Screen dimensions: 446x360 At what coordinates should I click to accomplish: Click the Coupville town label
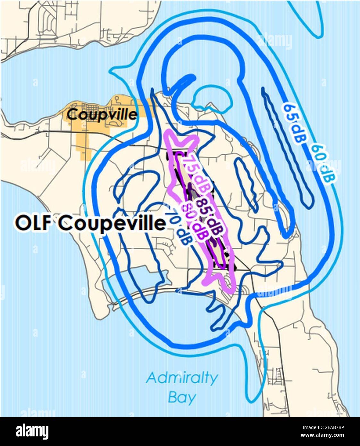coord(102,114)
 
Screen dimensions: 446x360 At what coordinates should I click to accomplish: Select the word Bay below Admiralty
coord(182,398)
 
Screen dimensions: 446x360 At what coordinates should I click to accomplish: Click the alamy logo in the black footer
coord(32,432)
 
